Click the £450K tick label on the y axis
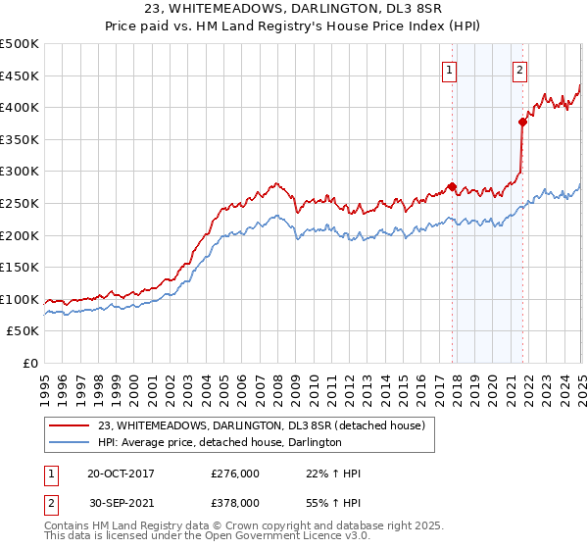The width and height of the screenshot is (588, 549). pos(19,75)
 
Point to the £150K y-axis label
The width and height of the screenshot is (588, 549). pos(19,267)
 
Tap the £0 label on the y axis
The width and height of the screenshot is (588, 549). pos(29,363)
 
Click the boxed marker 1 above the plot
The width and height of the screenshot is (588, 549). pos(449,70)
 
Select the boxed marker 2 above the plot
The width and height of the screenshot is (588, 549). pos(518,70)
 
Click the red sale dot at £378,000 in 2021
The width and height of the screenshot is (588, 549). pos(522,122)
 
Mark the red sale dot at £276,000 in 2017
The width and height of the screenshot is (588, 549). pos(452,186)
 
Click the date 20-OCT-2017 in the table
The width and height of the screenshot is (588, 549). pos(121,474)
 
